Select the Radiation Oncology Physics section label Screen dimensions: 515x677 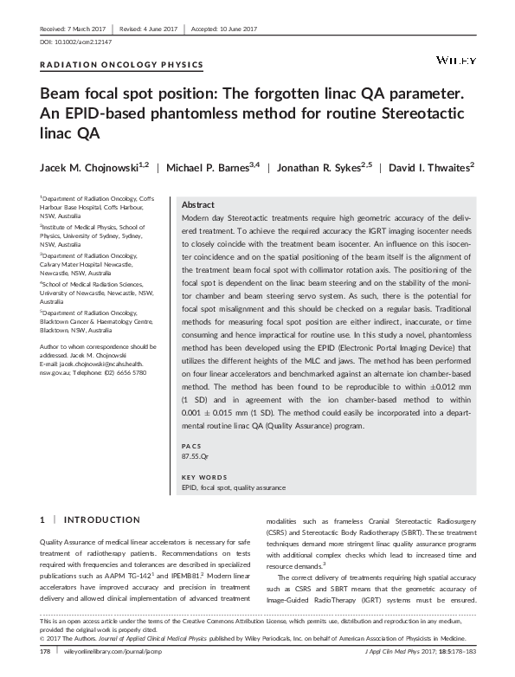pyautogui.click(x=122, y=65)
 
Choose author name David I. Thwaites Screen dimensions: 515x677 pyautogui.click(x=444, y=164)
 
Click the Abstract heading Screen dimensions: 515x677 pyautogui.click(x=199, y=204)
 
